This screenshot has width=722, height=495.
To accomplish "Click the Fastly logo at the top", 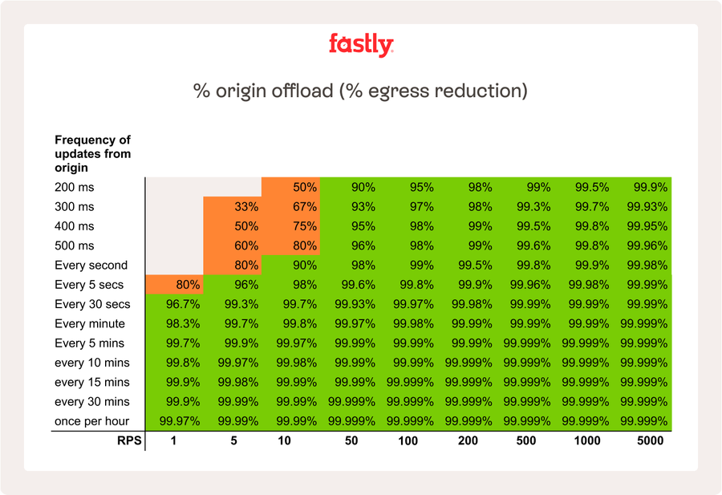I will tap(361, 44).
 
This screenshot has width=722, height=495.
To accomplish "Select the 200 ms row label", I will tap(74, 187).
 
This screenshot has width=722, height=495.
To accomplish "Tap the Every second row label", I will tap(91, 266).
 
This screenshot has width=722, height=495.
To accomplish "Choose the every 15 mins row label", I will tap(91, 382).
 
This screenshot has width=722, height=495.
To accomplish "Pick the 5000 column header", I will tap(650, 440).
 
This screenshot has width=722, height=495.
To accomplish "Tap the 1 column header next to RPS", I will tap(174, 440).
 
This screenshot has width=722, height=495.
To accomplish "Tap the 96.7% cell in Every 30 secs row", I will tap(180, 304).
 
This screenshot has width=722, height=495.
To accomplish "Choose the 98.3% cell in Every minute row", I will tap(180, 323).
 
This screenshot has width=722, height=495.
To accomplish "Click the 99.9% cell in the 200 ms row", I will tap(651, 187).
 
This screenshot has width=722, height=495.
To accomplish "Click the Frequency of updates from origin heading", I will tap(92, 154).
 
